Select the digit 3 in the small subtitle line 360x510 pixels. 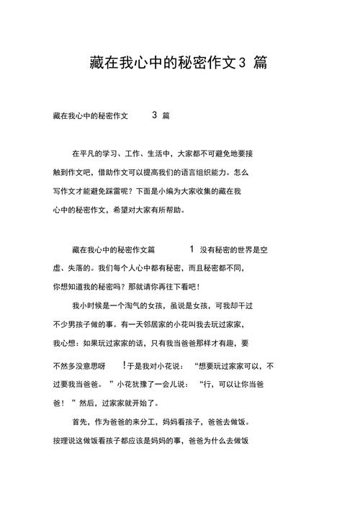pos(155,115)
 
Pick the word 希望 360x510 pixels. pos(121,210)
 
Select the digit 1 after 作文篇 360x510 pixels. pos(192,249)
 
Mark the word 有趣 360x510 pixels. pos(225,343)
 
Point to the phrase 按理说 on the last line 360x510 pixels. pos(66,440)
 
